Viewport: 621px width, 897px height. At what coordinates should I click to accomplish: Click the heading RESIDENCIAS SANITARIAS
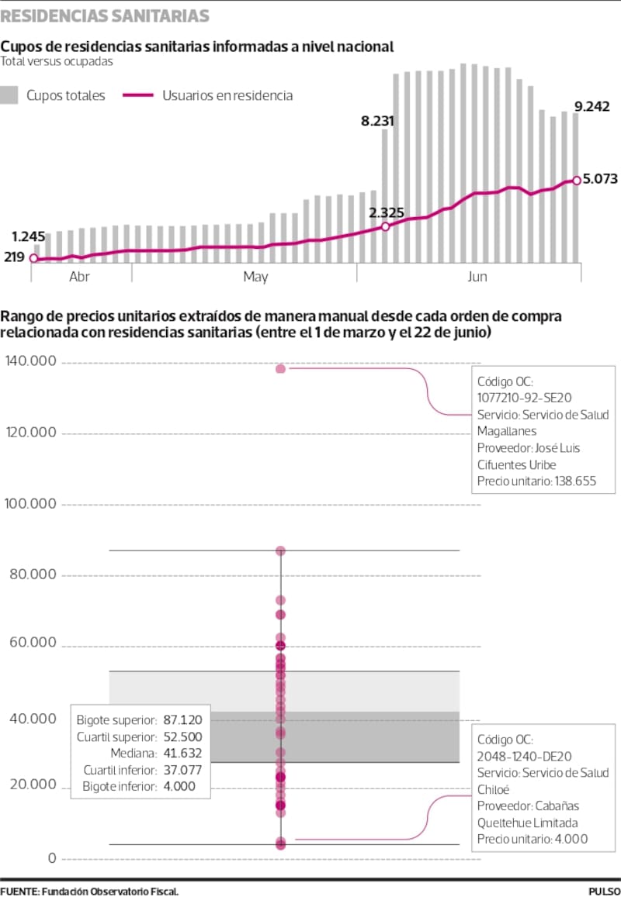pyautogui.click(x=105, y=16)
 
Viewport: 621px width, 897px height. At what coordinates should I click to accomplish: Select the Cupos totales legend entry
pyautogui.click(x=65, y=95)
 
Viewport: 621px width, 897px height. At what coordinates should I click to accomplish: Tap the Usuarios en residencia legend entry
pyautogui.click(x=227, y=95)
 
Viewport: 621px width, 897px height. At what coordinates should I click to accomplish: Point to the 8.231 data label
pyautogui.click(x=378, y=120)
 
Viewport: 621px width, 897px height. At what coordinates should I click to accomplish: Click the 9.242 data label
pyautogui.click(x=592, y=106)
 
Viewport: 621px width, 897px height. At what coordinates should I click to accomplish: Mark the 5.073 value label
pyautogui.click(x=600, y=179)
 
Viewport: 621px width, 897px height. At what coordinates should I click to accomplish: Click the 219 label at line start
pyautogui.click(x=15, y=257)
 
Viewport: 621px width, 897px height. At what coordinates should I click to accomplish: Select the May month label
pyautogui.click(x=255, y=277)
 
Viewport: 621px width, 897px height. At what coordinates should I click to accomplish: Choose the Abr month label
pyautogui.click(x=81, y=277)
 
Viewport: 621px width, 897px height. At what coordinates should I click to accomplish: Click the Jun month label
pyautogui.click(x=477, y=277)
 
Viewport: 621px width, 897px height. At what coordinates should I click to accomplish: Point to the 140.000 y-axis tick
pyautogui.click(x=31, y=361)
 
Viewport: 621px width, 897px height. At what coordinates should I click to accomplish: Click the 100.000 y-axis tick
pyautogui.click(x=31, y=504)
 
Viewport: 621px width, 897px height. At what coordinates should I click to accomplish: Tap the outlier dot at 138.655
pyautogui.click(x=280, y=369)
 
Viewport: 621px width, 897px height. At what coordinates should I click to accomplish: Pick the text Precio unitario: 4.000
pyautogui.click(x=533, y=839)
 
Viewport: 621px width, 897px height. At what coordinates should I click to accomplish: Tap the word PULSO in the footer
pyautogui.click(x=604, y=891)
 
